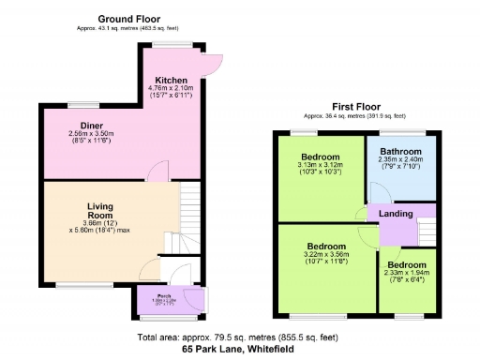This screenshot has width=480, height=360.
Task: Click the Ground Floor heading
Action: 128,19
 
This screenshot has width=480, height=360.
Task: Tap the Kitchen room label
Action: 172,81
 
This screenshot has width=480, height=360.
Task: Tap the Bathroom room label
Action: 400,151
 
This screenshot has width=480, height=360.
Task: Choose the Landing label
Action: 396,213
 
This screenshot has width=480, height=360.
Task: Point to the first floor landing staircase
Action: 427,230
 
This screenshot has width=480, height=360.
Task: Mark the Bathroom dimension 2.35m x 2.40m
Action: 400,159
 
